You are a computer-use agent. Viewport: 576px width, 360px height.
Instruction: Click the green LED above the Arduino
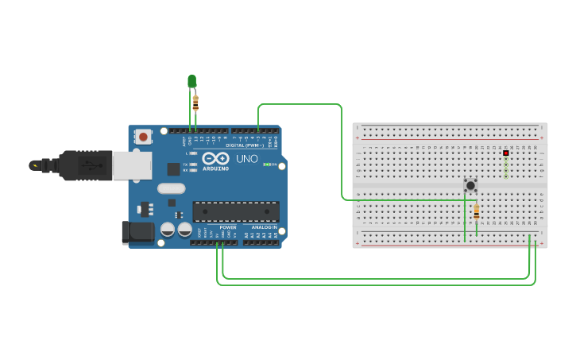coord(191,80)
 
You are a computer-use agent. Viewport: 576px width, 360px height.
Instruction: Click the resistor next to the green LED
coord(195,103)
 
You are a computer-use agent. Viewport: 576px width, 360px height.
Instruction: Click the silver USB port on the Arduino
coord(131,165)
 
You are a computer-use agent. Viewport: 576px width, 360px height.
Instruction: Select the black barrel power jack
coord(137,232)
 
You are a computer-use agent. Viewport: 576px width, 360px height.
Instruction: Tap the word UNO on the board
coord(247,158)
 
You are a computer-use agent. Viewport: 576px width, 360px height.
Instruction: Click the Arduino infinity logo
coord(215,158)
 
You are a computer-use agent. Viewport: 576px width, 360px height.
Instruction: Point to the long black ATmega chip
coord(236,211)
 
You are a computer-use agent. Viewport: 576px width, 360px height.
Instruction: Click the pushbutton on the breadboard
coord(470,185)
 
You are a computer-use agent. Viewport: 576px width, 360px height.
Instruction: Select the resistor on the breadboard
coord(476,212)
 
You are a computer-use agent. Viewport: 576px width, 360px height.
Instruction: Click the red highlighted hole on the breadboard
coord(505,153)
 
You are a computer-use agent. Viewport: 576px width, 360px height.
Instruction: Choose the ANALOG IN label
coord(262,227)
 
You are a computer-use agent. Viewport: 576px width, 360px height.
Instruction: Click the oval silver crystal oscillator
coord(171,188)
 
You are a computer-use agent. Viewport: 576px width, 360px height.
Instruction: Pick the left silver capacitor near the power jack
coord(168,230)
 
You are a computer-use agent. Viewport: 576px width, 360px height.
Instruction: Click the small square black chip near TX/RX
coord(173,168)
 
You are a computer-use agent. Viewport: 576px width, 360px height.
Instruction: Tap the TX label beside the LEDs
coord(185,165)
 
